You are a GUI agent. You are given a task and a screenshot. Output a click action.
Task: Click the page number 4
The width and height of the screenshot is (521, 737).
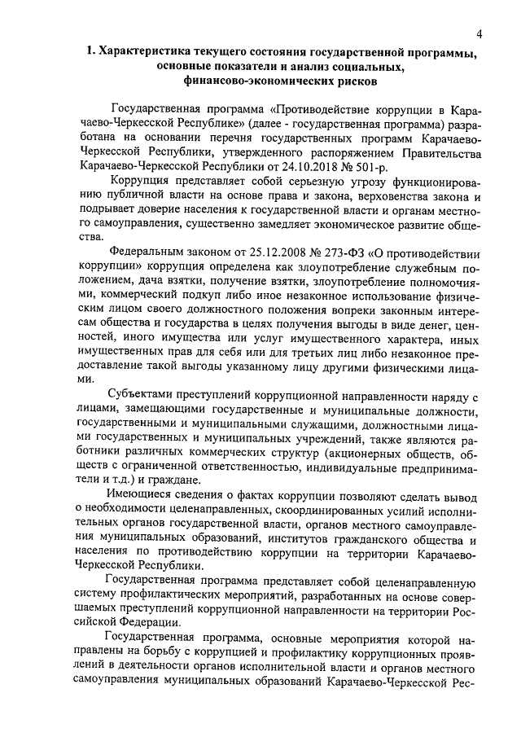[480, 33]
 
